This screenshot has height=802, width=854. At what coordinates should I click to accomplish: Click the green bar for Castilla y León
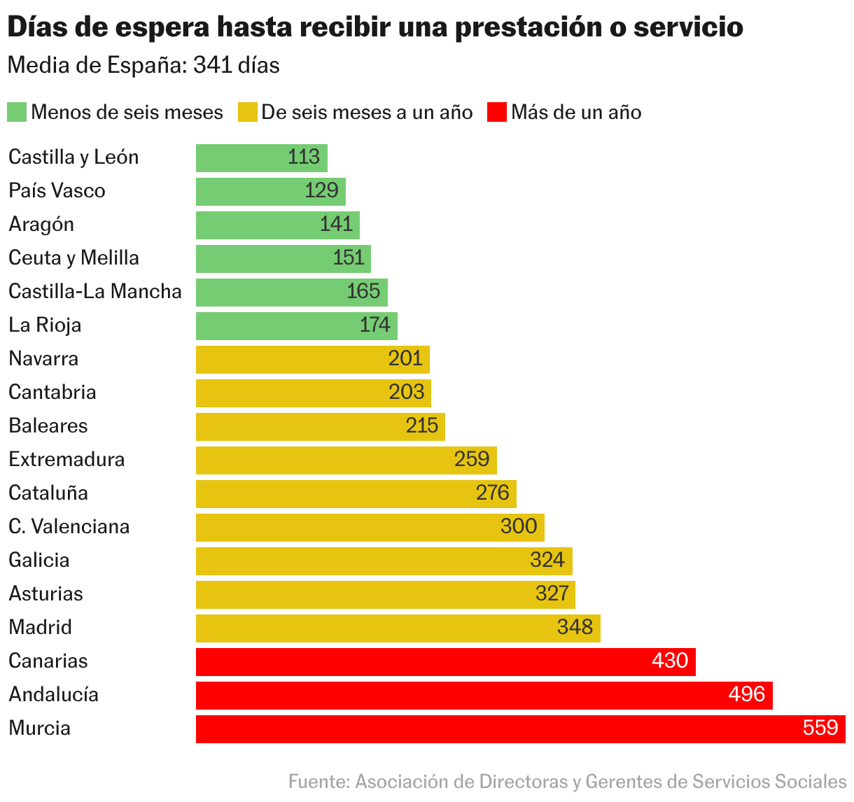261,157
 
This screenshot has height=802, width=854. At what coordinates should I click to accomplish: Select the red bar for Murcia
520,729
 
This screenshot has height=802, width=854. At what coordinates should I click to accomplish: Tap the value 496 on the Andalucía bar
746,694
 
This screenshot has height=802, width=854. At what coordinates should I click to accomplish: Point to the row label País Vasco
57,191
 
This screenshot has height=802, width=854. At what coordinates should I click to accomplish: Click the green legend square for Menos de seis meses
17,113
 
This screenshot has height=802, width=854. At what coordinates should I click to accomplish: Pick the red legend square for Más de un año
496,113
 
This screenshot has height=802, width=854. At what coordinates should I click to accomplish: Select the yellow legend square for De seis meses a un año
247,113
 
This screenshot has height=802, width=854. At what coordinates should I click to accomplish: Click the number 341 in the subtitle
212,66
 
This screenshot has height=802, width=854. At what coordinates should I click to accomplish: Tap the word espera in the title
162,28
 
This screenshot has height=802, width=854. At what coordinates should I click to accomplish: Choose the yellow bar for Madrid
398,628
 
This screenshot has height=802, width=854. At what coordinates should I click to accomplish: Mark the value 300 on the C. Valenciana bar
519,526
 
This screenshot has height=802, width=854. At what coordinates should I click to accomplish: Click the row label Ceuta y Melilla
73,258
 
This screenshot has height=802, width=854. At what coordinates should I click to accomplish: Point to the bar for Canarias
445,661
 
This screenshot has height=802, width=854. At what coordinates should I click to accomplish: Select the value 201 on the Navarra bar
405,358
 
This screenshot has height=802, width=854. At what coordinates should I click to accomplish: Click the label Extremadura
66,460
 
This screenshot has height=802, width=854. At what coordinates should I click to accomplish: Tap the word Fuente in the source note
318,782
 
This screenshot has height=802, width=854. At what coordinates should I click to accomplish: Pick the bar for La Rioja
296,325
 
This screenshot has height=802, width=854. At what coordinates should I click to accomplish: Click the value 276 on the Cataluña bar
492,493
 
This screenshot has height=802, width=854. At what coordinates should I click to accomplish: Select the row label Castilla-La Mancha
95,292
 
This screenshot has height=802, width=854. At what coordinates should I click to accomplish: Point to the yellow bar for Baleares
320,426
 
